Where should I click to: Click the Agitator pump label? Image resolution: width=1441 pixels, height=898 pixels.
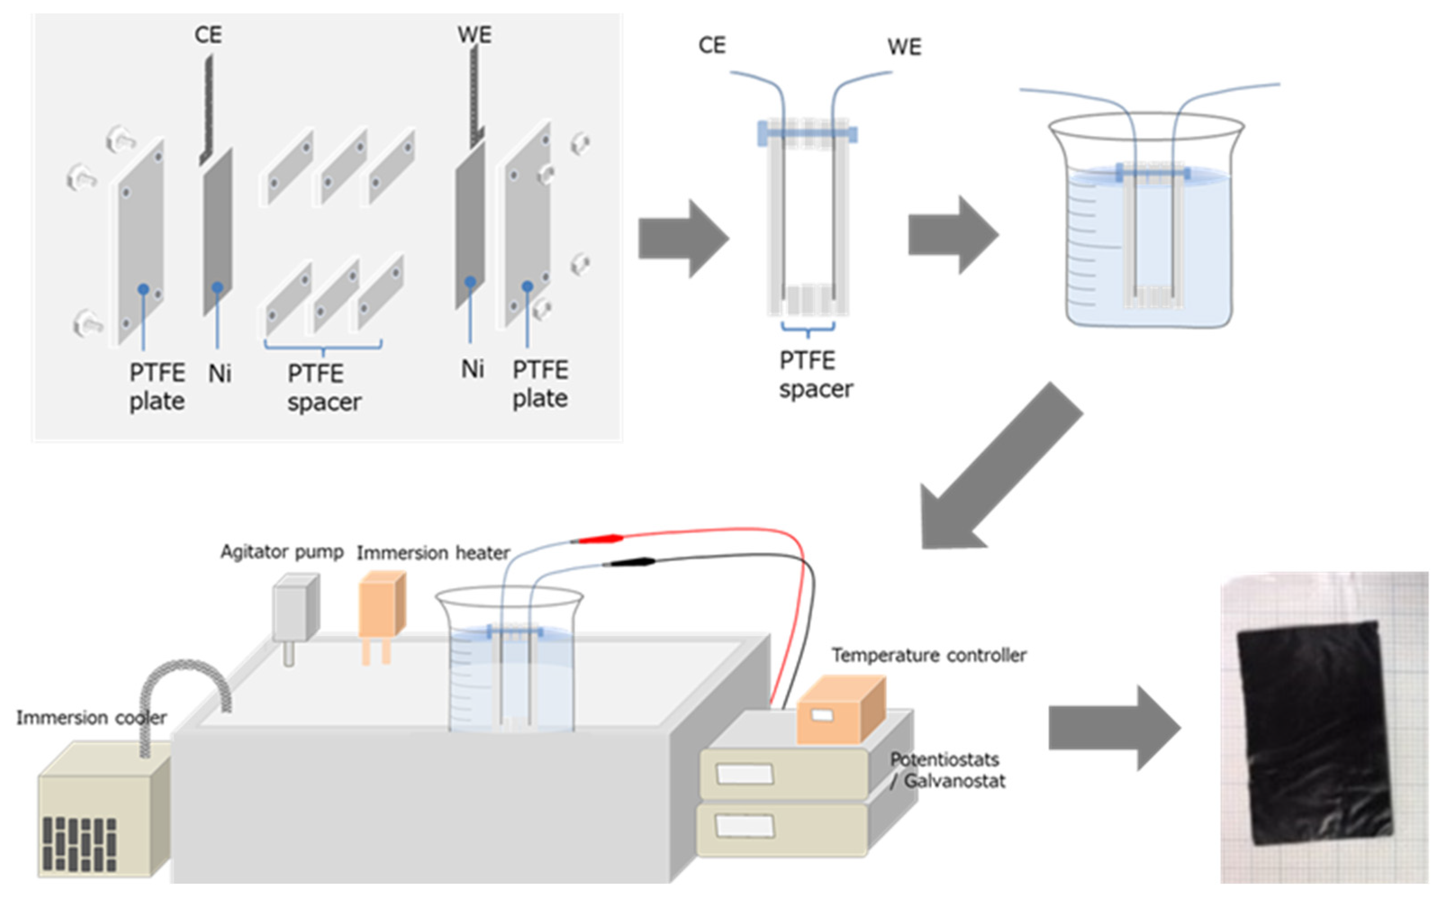point(281,552)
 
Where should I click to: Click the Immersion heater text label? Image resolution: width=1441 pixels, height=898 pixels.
point(433,553)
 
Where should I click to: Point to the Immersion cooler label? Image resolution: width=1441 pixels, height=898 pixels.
point(91,717)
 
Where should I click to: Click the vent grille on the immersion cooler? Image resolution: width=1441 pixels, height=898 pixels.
point(79,844)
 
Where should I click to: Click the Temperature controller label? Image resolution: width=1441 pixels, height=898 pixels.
point(928,655)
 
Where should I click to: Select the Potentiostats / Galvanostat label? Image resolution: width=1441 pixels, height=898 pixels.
point(947,770)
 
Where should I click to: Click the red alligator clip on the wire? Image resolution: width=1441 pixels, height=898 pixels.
point(600,539)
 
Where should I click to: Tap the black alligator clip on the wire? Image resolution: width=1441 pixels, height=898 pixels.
point(629,562)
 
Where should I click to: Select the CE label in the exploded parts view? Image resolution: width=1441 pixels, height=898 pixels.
point(208,34)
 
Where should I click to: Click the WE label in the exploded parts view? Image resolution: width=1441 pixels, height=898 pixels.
point(474,34)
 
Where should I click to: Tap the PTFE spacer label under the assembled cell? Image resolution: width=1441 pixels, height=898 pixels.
point(815,375)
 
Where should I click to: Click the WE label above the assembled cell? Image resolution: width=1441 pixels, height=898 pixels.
point(904,47)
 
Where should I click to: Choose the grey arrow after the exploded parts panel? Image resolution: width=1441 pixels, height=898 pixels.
point(682,238)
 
